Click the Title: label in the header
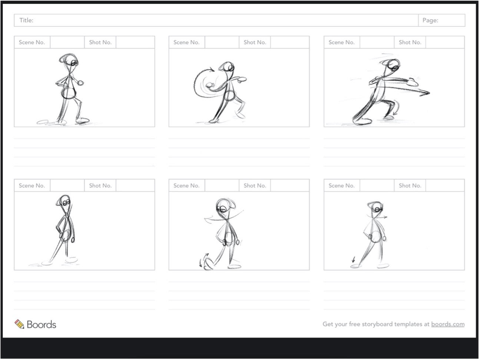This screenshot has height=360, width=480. (26, 20)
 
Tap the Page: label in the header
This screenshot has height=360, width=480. (430, 20)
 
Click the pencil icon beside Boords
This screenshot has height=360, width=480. (19, 324)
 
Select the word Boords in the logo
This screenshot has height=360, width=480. (42, 324)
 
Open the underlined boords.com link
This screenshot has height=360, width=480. (448, 324)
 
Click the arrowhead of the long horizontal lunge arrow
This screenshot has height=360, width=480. (426, 93)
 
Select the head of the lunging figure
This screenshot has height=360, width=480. (393, 65)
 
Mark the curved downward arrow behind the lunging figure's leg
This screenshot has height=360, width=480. (396, 108)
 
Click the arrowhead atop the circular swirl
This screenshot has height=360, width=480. (212, 70)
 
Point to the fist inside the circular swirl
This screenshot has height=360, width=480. (211, 85)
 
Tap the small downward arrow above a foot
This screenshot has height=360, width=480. (353, 259)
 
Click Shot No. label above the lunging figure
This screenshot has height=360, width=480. (410, 42)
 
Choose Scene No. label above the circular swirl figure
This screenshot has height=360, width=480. (186, 42)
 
